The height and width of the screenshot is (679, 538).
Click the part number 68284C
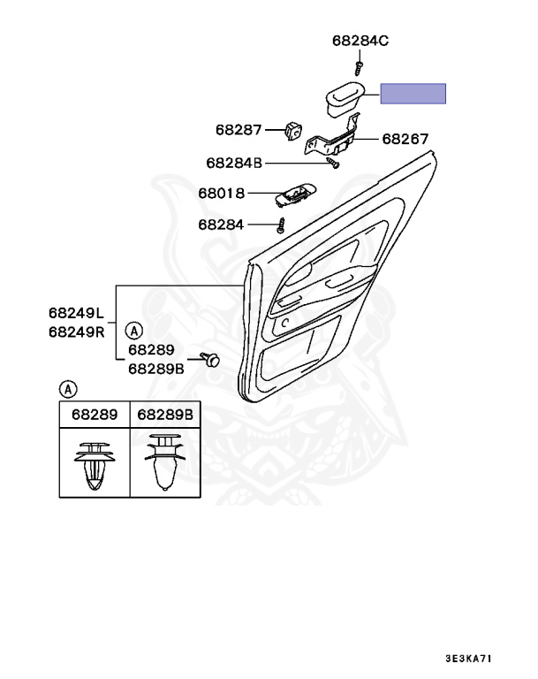(x=360, y=41)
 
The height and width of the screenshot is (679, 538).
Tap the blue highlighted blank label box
(x=413, y=93)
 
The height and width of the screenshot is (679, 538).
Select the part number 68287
(x=239, y=129)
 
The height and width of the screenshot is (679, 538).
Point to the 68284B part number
(x=235, y=163)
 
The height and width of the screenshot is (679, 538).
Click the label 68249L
(x=76, y=313)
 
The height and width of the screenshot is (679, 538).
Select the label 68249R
(x=76, y=332)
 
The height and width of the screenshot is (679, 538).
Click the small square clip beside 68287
(x=293, y=130)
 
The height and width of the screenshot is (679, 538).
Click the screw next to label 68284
(x=282, y=224)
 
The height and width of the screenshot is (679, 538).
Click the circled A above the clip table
(x=68, y=387)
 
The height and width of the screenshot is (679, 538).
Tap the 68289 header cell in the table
(x=95, y=414)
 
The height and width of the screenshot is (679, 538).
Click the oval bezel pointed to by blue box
(x=345, y=97)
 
